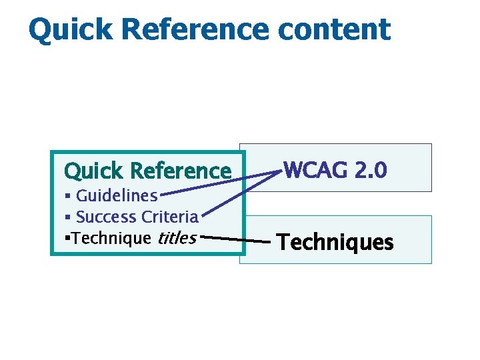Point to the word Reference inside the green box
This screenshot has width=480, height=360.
point(181,171)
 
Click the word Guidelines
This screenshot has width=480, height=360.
point(117,196)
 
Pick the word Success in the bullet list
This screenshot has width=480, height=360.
point(106,217)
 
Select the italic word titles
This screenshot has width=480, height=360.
point(177,238)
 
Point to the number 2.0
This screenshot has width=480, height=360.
point(371,171)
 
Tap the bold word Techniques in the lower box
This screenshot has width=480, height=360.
point(335,242)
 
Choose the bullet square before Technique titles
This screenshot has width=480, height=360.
point(67,238)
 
